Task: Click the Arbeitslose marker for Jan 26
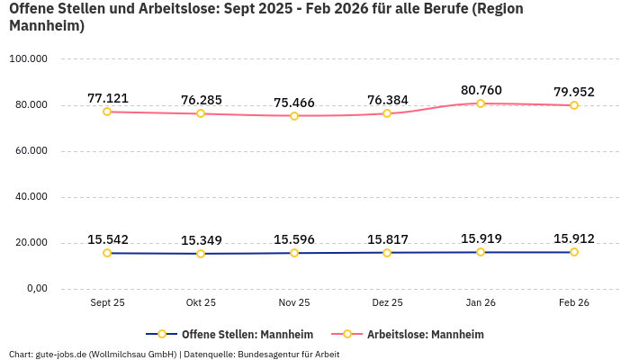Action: tap(481, 103)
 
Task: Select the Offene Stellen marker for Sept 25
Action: tap(107, 253)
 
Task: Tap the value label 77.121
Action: tap(108, 97)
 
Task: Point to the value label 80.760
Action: tap(481, 90)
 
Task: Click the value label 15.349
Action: tap(201, 240)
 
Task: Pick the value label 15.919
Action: tap(481, 238)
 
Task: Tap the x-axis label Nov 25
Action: tap(294, 303)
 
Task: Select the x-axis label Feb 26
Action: tap(573, 303)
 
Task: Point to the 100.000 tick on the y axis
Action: tap(28, 59)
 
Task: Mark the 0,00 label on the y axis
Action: tap(34, 289)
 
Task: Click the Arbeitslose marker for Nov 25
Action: tap(294, 115)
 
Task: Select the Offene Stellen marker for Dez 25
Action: tap(387, 252)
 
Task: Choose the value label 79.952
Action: tap(573, 92)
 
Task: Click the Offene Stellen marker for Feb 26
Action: tap(574, 252)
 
